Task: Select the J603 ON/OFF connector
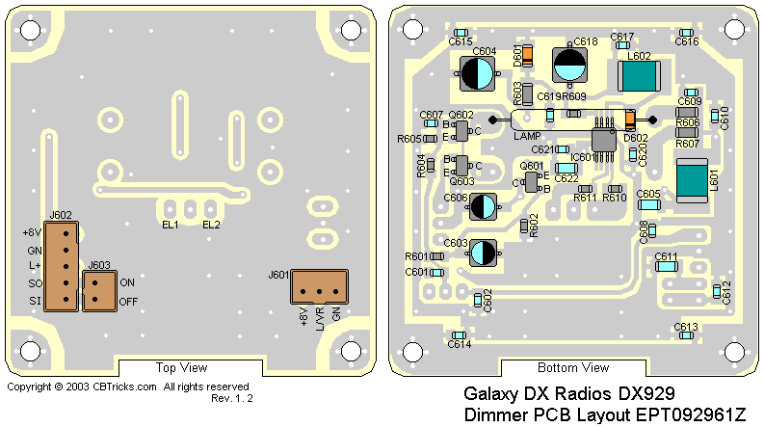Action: coord(98,290)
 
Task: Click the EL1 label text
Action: coord(173,225)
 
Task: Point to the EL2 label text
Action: coord(212,225)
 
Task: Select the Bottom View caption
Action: coord(572,367)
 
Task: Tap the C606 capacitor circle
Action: coord(484,204)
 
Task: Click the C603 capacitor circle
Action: coord(483,253)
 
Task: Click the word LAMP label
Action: coord(527,136)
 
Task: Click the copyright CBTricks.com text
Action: coord(82,387)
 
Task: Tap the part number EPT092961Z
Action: coord(684,415)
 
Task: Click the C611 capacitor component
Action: coord(667,265)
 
